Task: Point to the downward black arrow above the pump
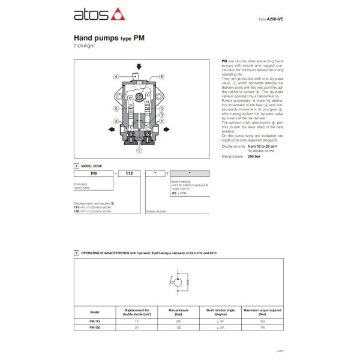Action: [139, 67]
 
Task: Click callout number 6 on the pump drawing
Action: [161, 77]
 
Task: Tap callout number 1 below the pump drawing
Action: [139, 151]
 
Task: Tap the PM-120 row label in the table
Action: [95, 327]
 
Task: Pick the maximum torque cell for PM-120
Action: [262, 327]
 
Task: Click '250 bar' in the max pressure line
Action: [254, 156]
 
